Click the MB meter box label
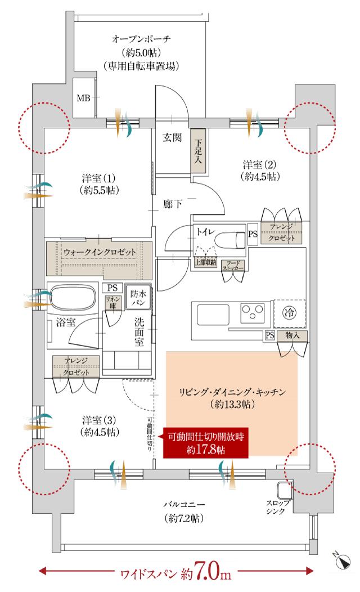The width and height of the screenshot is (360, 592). (83, 98)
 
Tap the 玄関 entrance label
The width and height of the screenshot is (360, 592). (172, 137)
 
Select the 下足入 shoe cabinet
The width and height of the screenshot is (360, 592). (198, 148)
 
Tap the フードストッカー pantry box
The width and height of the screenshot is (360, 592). (232, 266)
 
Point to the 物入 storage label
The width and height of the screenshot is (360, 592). (292, 335)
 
